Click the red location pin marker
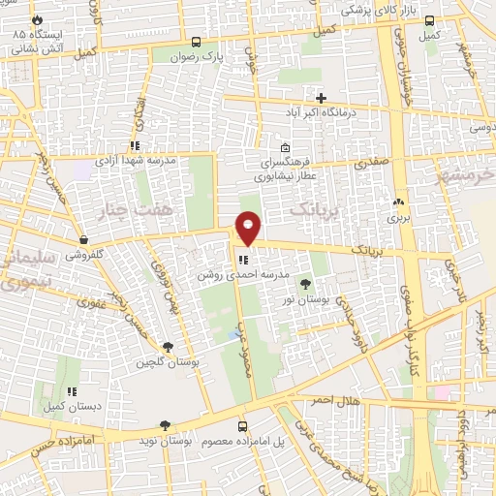click(x=248, y=227)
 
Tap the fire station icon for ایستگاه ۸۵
click(x=37, y=19)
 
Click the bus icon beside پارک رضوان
click(x=197, y=43)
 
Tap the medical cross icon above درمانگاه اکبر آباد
click(x=321, y=98)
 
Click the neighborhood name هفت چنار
click(x=135, y=208)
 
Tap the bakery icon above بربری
click(x=397, y=202)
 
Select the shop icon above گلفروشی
click(x=84, y=240)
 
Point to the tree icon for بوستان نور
click(x=306, y=284)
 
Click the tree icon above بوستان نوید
click(x=165, y=424)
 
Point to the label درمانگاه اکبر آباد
click(x=320, y=114)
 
